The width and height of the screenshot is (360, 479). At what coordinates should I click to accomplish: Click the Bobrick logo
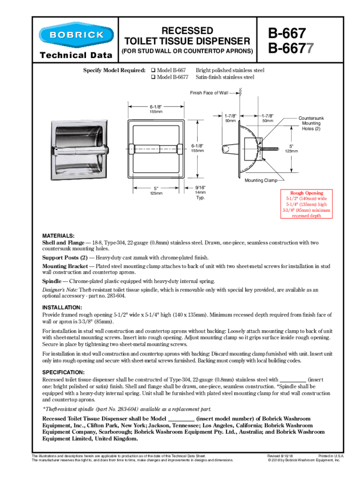click(x=76, y=35)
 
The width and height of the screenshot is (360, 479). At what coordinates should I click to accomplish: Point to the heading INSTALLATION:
click(x=63, y=308)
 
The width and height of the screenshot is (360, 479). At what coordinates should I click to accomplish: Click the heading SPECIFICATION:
click(x=64, y=372)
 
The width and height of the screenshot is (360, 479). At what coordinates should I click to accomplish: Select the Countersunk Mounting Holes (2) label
click(x=311, y=123)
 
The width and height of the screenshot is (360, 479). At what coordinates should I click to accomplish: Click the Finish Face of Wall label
click(x=209, y=93)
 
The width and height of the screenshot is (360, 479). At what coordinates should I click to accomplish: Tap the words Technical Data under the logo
click(x=76, y=56)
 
